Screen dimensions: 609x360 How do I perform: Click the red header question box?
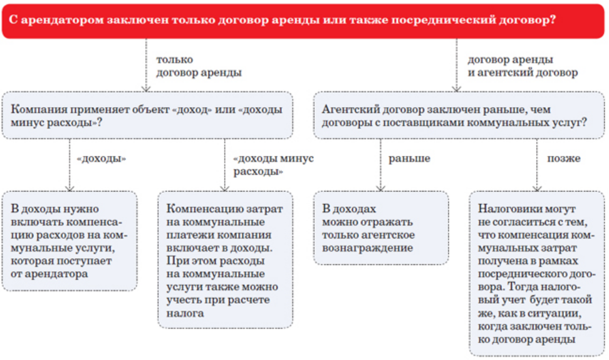[304, 19]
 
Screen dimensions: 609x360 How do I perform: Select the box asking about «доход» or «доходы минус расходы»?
[147, 115]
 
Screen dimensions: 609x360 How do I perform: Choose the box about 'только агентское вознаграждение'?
[381, 228]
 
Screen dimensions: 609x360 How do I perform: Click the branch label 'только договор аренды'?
[199, 66]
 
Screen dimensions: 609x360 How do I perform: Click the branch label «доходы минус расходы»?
[273, 165]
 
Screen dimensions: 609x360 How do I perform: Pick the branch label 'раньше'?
[409, 158]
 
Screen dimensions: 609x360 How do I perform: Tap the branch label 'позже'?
[563, 158]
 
